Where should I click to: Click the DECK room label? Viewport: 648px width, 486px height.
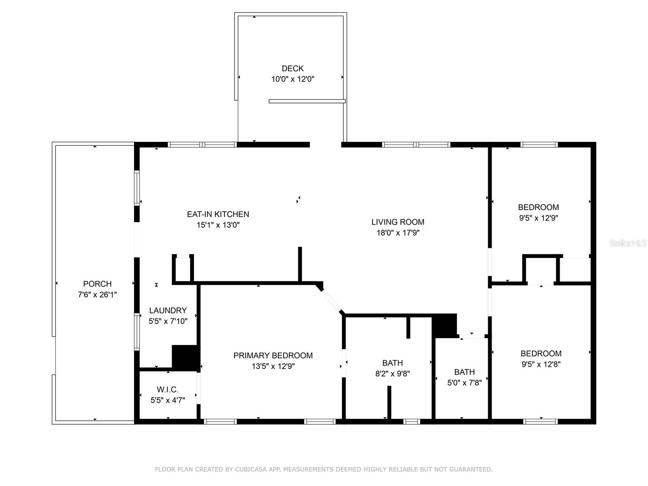(292, 68)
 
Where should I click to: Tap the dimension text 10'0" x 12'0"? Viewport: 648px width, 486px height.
(292, 79)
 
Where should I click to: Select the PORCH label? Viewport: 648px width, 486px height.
(97, 284)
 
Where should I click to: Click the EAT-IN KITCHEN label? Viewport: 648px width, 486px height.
(218, 214)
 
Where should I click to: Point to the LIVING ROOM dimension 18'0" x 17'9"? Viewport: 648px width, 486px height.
(398, 233)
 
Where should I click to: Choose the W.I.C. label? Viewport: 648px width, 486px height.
(168, 390)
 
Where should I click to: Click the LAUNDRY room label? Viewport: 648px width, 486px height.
(168, 311)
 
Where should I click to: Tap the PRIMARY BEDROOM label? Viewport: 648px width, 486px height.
(273, 356)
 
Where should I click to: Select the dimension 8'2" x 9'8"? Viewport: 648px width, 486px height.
(392, 374)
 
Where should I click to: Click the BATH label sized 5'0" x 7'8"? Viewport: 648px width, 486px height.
(464, 372)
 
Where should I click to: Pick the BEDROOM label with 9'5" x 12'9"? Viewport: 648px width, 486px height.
(538, 207)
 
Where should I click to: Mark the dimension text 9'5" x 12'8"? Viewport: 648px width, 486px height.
(541, 364)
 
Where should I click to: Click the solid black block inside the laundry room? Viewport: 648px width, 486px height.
(185, 357)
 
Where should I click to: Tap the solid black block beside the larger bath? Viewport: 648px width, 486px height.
(445, 325)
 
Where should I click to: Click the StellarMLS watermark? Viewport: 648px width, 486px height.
(628, 243)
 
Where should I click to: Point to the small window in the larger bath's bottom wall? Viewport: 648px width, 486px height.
(412, 422)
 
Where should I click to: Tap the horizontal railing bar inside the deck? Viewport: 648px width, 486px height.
(307, 101)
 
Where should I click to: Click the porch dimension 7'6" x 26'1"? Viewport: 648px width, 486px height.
(97, 295)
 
